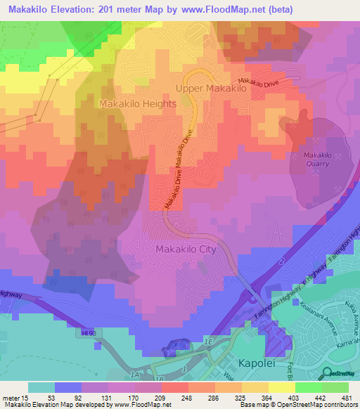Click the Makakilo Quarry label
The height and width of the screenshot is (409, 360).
tap(317, 159)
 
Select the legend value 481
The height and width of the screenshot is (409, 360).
tap(345, 398)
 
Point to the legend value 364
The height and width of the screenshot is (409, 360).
tap(256, 398)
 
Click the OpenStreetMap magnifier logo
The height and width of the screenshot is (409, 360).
tap(326, 374)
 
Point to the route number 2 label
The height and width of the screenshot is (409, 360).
tap(281, 261)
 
